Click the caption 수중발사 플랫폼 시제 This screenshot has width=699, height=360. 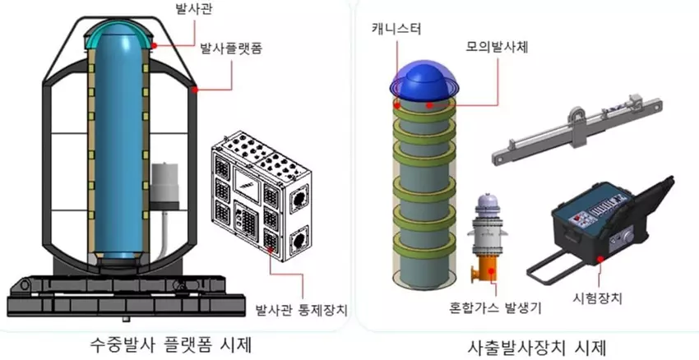coord(161,343)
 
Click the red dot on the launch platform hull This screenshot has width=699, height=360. coord(194,88)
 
